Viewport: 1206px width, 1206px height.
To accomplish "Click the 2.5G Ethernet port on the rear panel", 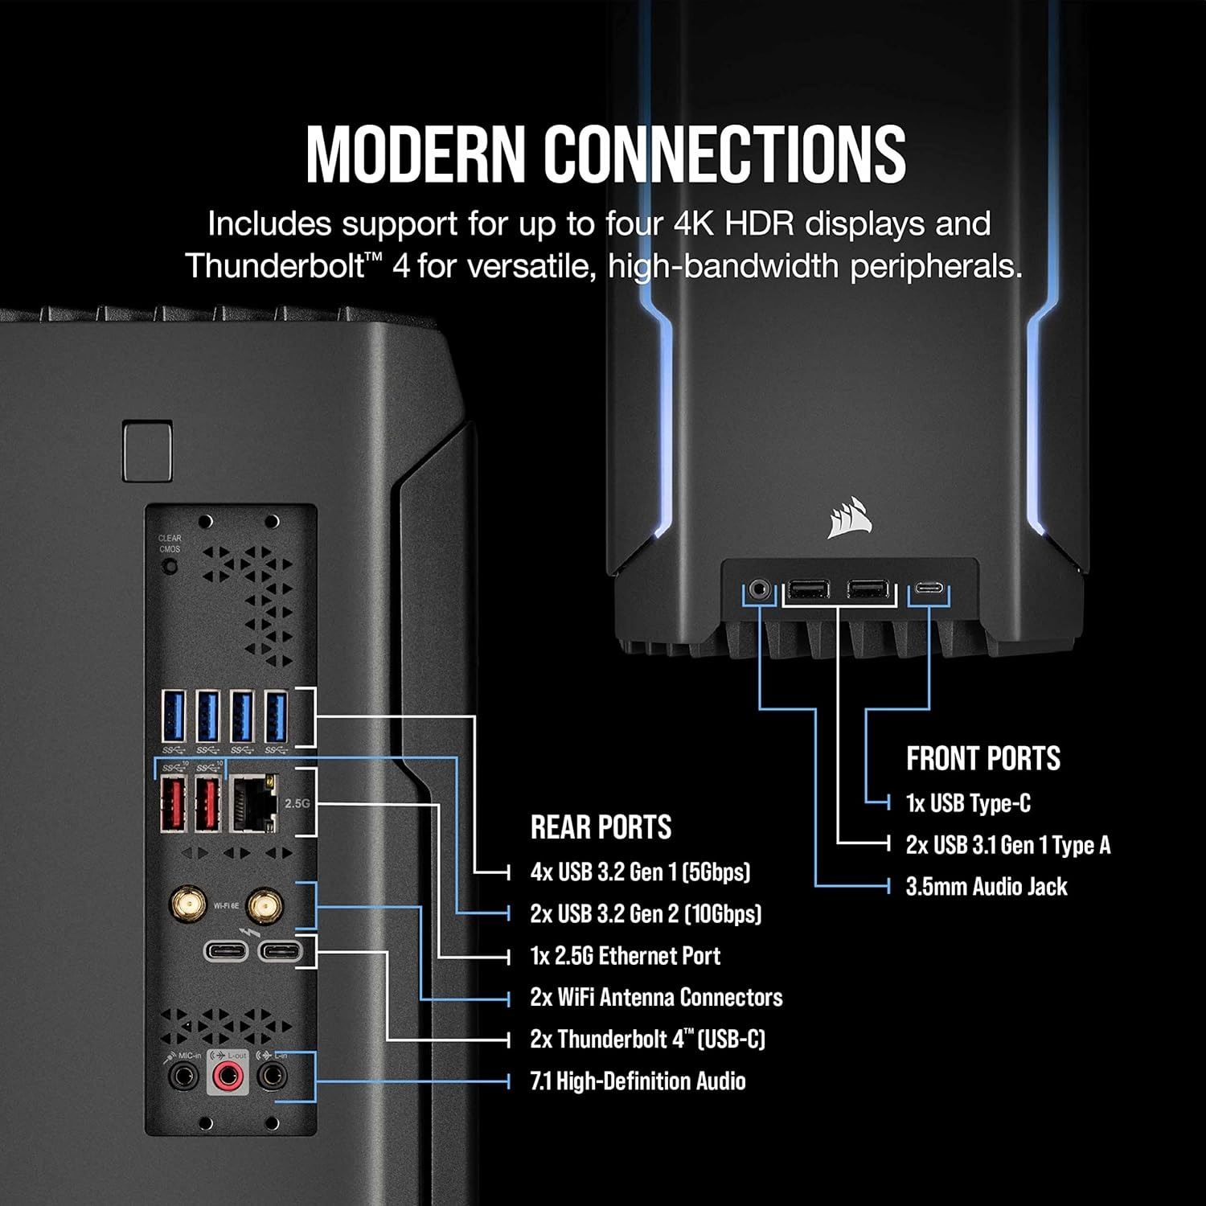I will [x=253, y=802].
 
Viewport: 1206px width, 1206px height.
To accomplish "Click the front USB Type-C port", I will [x=929, y=592].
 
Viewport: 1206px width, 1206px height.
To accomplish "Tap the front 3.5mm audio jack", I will [x=758, y=591].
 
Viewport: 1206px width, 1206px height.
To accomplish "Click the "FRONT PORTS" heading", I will [x=982, y=758].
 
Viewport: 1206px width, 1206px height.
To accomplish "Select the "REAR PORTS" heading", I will [x=601, y=827].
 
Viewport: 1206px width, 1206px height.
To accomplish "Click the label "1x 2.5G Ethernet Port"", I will [x=625, y=956].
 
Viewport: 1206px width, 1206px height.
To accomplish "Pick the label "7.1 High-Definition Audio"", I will [x=638, y=1081].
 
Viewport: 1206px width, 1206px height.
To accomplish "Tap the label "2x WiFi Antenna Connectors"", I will [x=656, y=998].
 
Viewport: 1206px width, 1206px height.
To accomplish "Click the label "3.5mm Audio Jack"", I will [x=987, y=887].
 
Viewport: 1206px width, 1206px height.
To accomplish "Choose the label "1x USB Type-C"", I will [x=968, y=803].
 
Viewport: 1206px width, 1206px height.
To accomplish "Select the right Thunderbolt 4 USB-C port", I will [x=280, y=952].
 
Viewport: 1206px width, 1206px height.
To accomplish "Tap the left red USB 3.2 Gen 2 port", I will [x=173, y=802].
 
